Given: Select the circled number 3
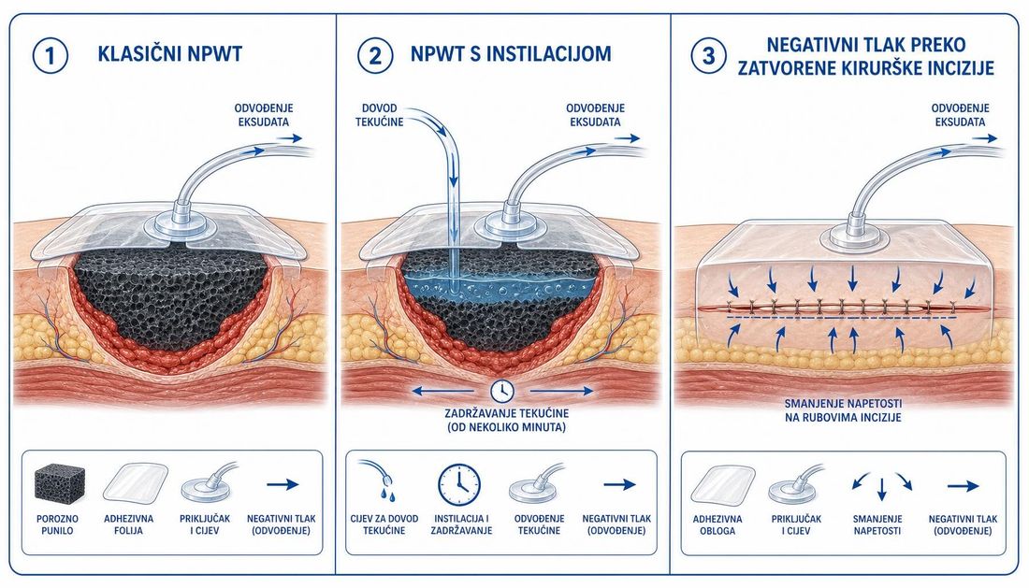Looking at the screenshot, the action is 709,55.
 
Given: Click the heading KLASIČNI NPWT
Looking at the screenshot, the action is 170,54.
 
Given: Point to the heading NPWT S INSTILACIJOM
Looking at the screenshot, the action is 511,54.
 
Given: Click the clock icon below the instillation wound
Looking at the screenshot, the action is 502,391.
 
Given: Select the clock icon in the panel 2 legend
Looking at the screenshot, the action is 459,485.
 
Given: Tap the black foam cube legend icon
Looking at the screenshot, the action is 59,484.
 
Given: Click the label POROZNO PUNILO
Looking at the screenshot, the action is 58,524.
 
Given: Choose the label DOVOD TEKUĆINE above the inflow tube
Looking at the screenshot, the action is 379,115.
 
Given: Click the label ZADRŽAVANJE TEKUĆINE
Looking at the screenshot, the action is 507,413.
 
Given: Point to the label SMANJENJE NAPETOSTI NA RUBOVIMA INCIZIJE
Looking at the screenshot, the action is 843,410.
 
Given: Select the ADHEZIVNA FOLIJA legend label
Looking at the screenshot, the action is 129,524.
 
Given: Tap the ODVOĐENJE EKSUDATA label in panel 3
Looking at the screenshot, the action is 960,115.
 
